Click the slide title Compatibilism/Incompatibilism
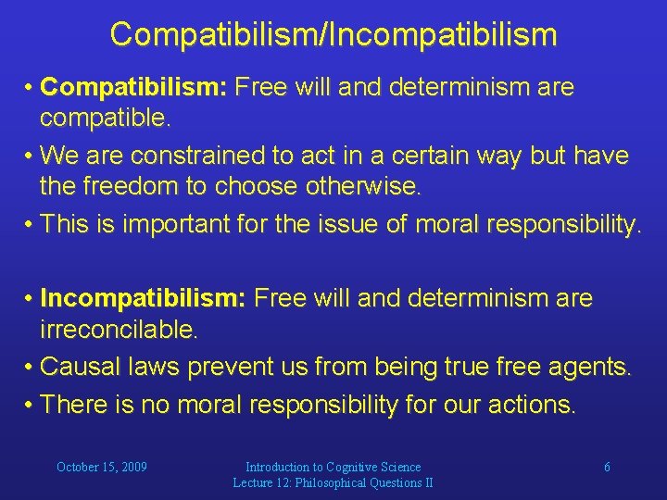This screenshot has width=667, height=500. pos(333,34)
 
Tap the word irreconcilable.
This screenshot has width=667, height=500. pos(118,330)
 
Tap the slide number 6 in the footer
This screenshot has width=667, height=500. pos(607,468)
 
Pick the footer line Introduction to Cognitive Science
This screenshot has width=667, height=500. pos(333,468)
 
